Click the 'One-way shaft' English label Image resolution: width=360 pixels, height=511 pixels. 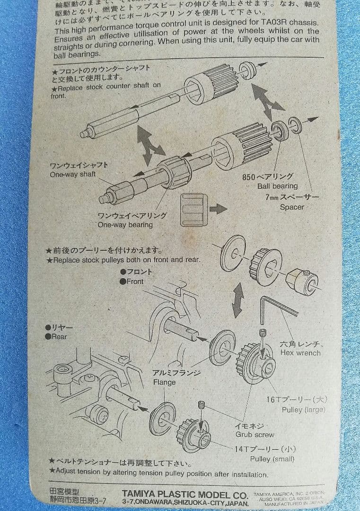[x=72, y=175]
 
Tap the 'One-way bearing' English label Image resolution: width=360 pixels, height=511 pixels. [x=125, y=225]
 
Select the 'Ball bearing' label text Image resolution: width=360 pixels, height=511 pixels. [x=277, y=186]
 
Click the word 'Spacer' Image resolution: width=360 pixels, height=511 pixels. [x=292, y=207]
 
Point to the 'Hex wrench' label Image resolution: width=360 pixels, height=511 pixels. [x=300, y=352]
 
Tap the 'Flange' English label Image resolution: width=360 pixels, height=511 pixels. [x=164, y=382]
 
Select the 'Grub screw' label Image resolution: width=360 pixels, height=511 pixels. [x=255, y=434]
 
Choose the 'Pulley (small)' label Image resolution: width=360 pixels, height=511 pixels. [x=272, y=459]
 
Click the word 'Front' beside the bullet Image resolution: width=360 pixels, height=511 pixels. [x=135, y=281]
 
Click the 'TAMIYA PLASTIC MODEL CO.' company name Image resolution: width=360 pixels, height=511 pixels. [x=184, y=495]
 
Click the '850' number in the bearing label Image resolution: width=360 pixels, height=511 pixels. [x=248, y=177]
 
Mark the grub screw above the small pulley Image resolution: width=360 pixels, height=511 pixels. [x=201, y=406]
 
